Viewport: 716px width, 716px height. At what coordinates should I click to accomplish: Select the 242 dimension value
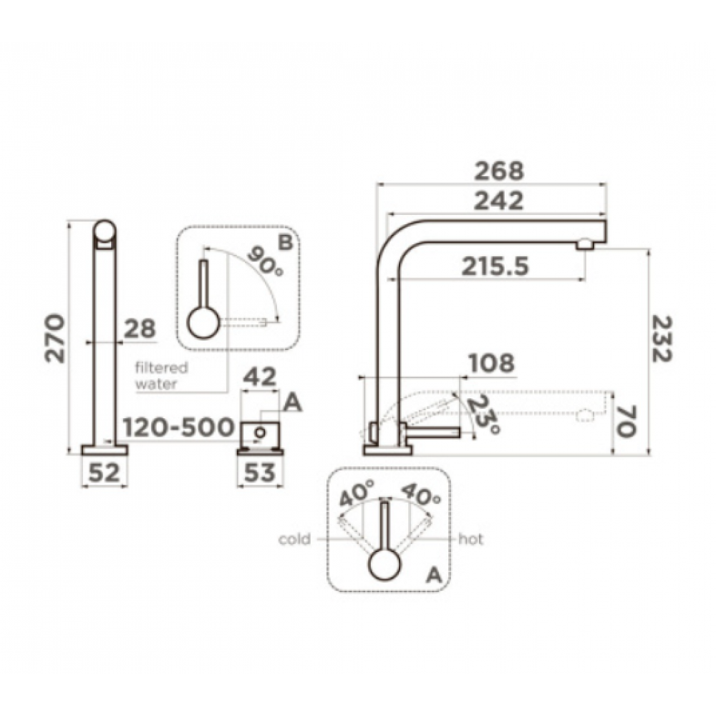(x=498, y=201)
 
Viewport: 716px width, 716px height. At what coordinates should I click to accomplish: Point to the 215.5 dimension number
(x=495, y=266)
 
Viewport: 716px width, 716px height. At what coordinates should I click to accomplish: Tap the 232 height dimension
(x=662, y=339)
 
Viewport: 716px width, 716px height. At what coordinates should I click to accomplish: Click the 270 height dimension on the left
(x=55, y=338)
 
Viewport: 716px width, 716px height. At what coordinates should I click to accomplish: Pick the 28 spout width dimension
(x=140, y=329)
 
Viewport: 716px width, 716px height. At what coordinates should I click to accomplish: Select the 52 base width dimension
(x=104, y=473)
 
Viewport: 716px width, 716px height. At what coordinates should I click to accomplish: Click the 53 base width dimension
(x=260, y=473)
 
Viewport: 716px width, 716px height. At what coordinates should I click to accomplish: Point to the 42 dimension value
(x=260, y=377)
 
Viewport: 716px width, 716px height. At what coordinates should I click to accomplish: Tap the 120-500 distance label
(x=178, y=428)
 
